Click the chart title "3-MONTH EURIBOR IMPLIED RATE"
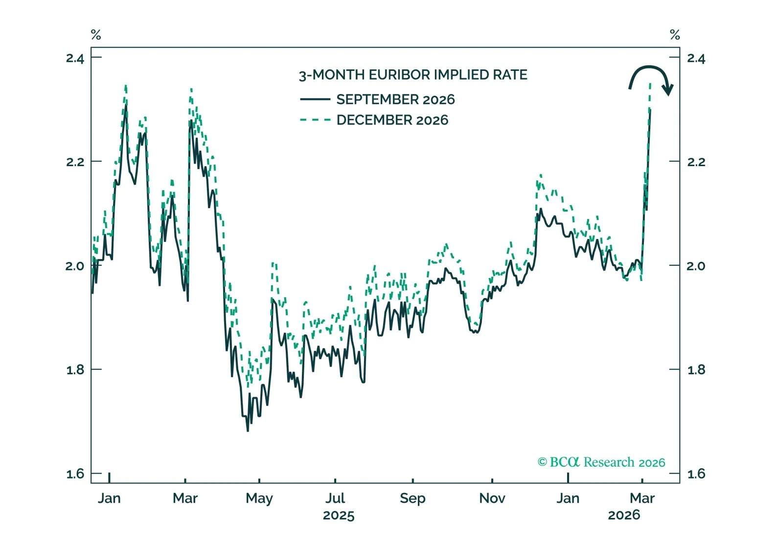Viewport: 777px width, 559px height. pyautogui.click(x=413, y=75)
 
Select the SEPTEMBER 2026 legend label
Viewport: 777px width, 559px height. pyautogui.click(x=395, y=100)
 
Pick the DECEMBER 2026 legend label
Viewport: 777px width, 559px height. pyautogui.click(x=392, y=120)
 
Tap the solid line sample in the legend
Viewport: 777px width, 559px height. pyautogui.click(x=315, y=99)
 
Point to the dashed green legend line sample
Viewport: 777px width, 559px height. pyautogui.click(x=315, y=120)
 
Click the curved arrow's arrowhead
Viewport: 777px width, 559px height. pyautogui.click(x=667, y=90)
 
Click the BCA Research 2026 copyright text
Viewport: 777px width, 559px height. pyautogui.click(x=601, y=462)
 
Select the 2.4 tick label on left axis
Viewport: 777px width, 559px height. pyautogui.click(x=75, y=59)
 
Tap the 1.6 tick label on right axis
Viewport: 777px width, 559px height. pyautogui.click(x=696, y=474)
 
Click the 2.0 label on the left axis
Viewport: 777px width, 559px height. pyautogui.click(x=75, y=266)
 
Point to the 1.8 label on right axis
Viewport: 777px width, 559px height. pyautogui.click(x=696, y=370)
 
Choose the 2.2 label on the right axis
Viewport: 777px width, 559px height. pyautogui.click(x=696, y=162)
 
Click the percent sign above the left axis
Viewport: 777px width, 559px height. pyautogui.click(x=96, y=35)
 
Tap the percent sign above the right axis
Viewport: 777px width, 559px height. pyautogui.click(x=675, y=35)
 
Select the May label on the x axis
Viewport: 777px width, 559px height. pyautogui.click(x=259, y=498)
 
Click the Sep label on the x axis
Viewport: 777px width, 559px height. pyautogui.click(x=412, y=498)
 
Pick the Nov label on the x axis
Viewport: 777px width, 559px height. pyautogui.click(x=492, y=498)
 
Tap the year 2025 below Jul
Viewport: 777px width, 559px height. pyautogui.click(x=339, y=516)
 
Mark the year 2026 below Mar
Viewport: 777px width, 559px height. pyautogui.click(x=624, y=515)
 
